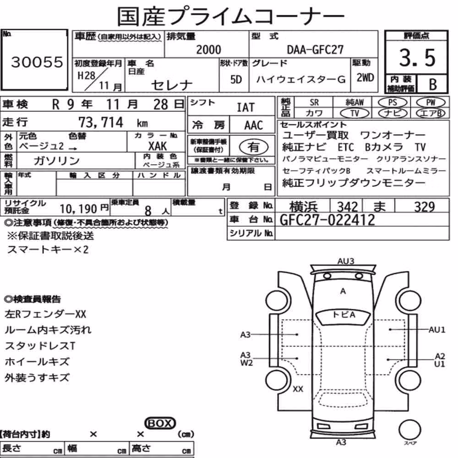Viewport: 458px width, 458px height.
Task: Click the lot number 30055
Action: click(x=37, y=62)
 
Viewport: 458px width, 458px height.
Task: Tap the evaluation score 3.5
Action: click(x=417, y=58)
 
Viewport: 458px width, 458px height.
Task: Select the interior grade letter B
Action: click(x=433, y=84)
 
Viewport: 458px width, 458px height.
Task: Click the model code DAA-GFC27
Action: click(x=315, y=49)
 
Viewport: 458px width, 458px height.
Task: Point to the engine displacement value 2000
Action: click(x=208, y=49)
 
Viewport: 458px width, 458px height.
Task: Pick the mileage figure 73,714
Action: click(x=101, y=122)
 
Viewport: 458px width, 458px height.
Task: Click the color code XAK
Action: click(x=158, y=146)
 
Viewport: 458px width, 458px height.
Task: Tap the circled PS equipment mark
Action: click(x=393, y=103)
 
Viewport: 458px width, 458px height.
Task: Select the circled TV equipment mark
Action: click(x=354, y=113)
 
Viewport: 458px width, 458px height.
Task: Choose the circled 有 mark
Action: click(x=254, y=147)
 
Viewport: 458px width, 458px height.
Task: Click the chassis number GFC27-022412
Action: click(x=327, y=220)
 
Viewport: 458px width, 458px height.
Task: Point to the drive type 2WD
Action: click(x=365, y=78)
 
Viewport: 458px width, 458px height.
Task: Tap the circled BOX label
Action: click(x=160, y=423)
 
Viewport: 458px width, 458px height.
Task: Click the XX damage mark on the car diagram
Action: click(x=298, y=389)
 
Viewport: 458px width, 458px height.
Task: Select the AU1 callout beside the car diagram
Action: click(x=436, y=330)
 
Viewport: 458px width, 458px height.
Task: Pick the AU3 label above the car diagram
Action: click(x=346, y=261)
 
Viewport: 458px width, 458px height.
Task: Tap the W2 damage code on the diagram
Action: click(x=246, y=363)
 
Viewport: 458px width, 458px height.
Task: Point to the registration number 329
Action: click(x=425, y=207)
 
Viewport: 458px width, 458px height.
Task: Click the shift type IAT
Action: click(x=245, y=108)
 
